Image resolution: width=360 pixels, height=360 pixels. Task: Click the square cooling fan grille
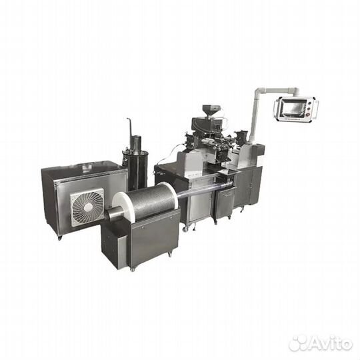(x=87, y=207)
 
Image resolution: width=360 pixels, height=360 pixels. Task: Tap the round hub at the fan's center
(x=88, y=208)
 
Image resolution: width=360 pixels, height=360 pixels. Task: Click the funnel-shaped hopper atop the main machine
(x=210, y=110)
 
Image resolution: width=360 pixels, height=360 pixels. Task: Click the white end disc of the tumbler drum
(x=120, y=203)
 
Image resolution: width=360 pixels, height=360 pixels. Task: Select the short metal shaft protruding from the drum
(x=113, y=213)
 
